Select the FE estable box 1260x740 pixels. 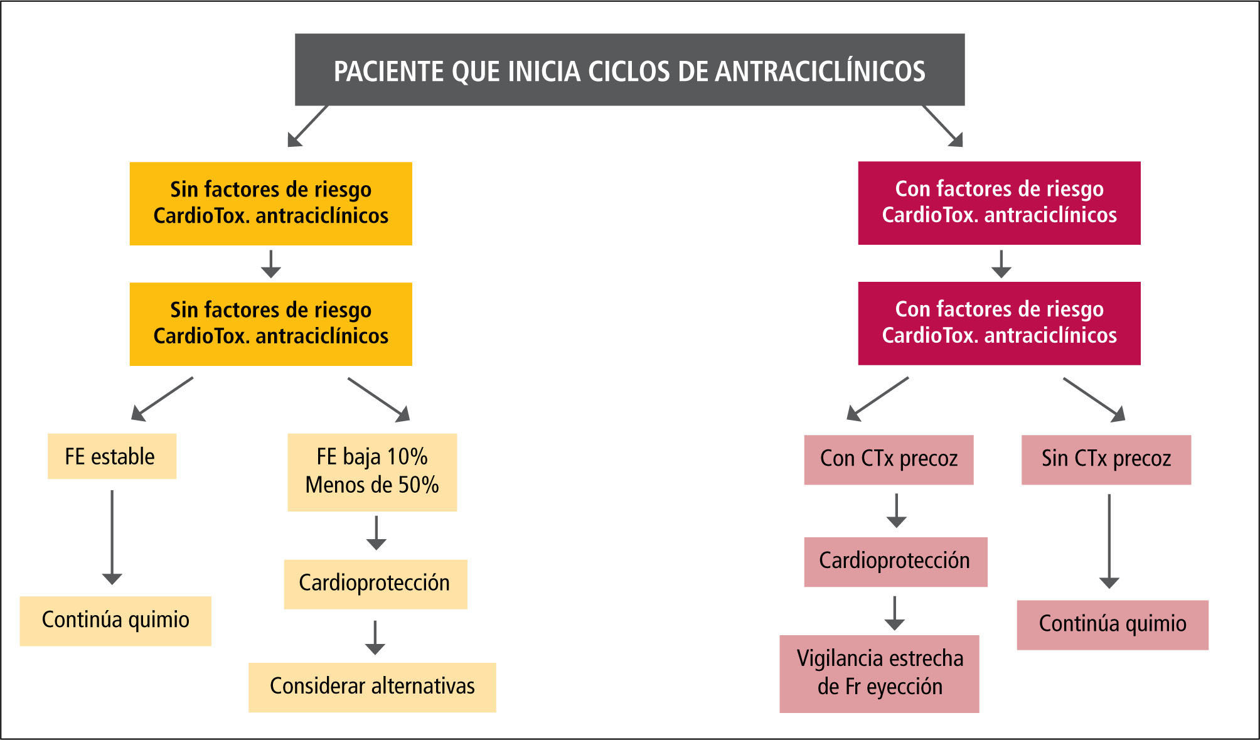tap(112, 456)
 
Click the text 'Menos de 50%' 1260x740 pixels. tap(372, 485)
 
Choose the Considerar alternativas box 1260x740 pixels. tap(372, 687)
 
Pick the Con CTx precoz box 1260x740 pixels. tap(889, 459)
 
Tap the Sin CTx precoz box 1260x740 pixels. tap(1106, 459)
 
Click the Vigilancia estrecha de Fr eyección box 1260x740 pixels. tap(879, 673)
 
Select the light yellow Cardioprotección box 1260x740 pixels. tap(375, 584)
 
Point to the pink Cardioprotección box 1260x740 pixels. tap(895, 561)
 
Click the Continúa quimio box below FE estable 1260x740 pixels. tap(115, 620)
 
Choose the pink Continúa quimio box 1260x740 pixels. tap(1112, 625)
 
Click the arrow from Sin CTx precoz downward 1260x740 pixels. tap(1109, 541)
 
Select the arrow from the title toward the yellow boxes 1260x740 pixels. tap(307, 126)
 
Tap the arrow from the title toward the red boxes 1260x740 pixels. tap(942, 126)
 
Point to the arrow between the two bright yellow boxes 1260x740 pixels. tap(270, 264)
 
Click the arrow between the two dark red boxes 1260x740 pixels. tap(1001, 264)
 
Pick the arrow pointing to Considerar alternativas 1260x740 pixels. tap(375, 637)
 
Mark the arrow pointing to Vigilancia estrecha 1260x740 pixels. tap(894, 613)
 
